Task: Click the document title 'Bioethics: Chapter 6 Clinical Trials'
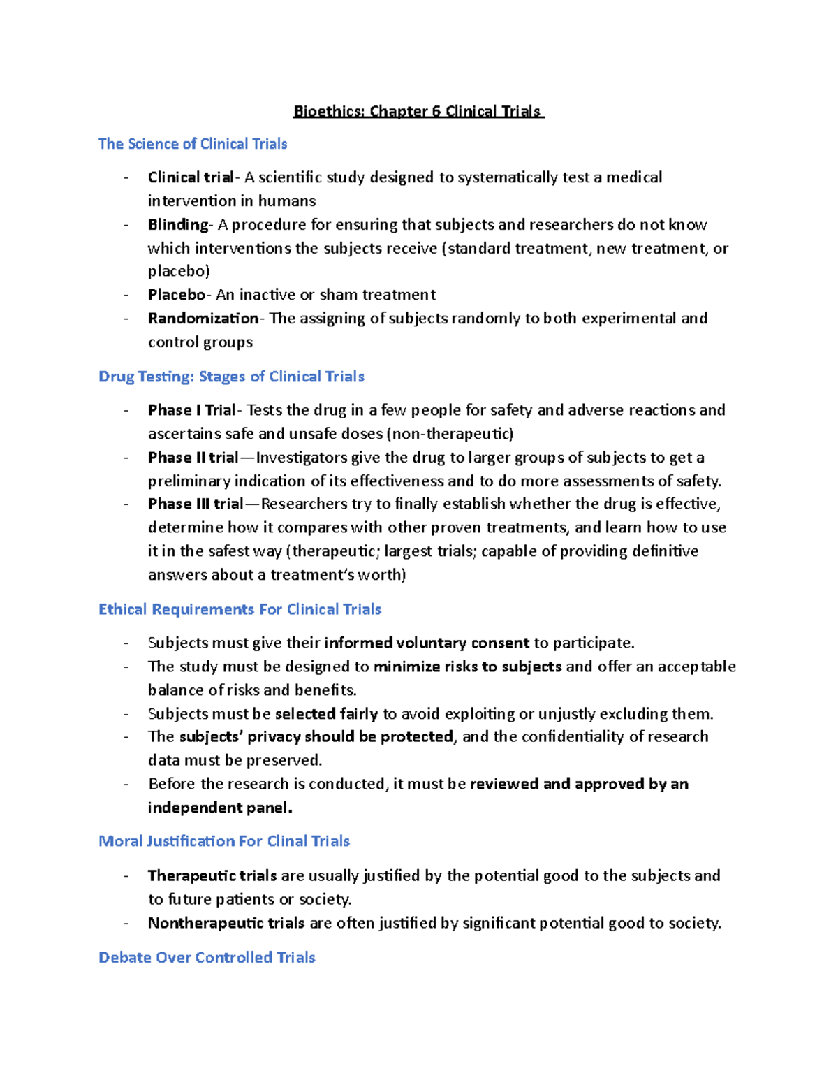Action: click(x=418, y=112)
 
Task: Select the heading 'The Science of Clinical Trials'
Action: click(x=193, y=144)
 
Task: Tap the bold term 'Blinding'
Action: click(x=178, y=225)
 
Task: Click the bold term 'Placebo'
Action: click(x=177, y=295)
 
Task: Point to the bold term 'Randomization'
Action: click(x=203, y=319)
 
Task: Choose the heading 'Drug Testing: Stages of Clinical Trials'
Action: click(x=231, y=377)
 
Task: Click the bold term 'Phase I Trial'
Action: click(x=192, y=410)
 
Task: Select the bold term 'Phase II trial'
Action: click(x=193, y=458)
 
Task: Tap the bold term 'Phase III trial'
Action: click(x=196, y=504)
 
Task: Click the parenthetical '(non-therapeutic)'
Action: click(x=450, y=434)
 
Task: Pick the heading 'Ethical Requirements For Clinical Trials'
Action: click(x=240, y=609)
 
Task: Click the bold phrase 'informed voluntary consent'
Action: click(x=427, y=643)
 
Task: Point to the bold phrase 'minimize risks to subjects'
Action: click(x=467, y=667)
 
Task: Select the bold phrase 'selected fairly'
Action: click(x=326, y=714)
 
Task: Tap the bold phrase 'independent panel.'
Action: click(x=220, y=808)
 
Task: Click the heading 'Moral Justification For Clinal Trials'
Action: click(x=224, y=841)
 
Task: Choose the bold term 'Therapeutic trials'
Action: click(x=212, y=876)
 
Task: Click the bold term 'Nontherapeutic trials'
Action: click(x=226, y=924)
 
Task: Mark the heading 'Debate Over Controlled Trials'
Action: click(x=207, y=958)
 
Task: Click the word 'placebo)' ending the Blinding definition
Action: click(x=179, y=271)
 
